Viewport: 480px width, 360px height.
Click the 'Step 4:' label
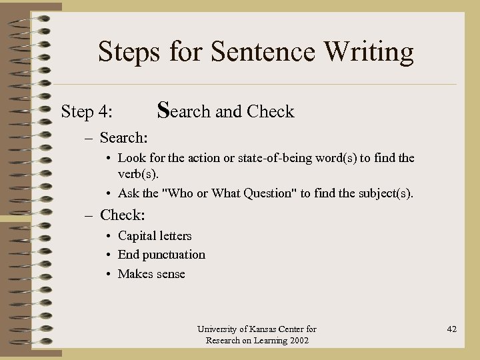87,111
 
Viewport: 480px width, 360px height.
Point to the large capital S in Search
163,109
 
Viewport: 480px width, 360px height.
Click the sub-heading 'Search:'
123,138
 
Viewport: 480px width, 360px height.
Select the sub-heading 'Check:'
122,215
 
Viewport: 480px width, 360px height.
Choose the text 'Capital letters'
155,236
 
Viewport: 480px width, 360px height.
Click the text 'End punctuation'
161,255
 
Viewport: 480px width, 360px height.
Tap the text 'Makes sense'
151,274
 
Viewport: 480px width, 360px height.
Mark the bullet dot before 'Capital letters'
109,237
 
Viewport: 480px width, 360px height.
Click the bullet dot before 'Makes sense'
109,275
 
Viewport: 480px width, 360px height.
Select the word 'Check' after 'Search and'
270,111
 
